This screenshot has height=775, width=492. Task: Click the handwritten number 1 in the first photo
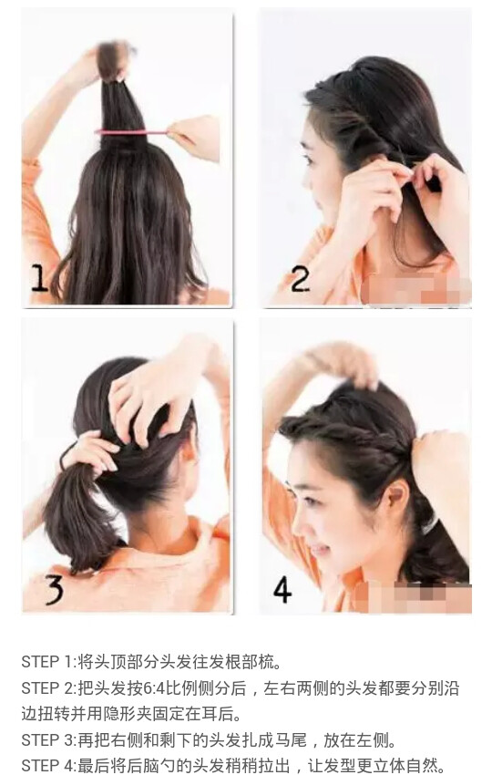(38, 278)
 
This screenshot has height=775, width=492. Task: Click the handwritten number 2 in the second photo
(301, 279)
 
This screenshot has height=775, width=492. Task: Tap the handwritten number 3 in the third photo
(54, 589)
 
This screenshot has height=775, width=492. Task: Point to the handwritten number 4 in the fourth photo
(282, 589)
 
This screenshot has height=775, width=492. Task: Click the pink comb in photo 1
(132, 132)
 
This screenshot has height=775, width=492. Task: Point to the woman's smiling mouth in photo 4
(319, 549)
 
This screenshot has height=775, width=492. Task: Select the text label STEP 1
(47, 661)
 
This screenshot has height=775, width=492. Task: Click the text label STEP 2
(47, 688)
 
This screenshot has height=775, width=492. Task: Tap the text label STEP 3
(47, 740)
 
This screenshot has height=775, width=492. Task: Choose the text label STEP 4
(47, 766)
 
